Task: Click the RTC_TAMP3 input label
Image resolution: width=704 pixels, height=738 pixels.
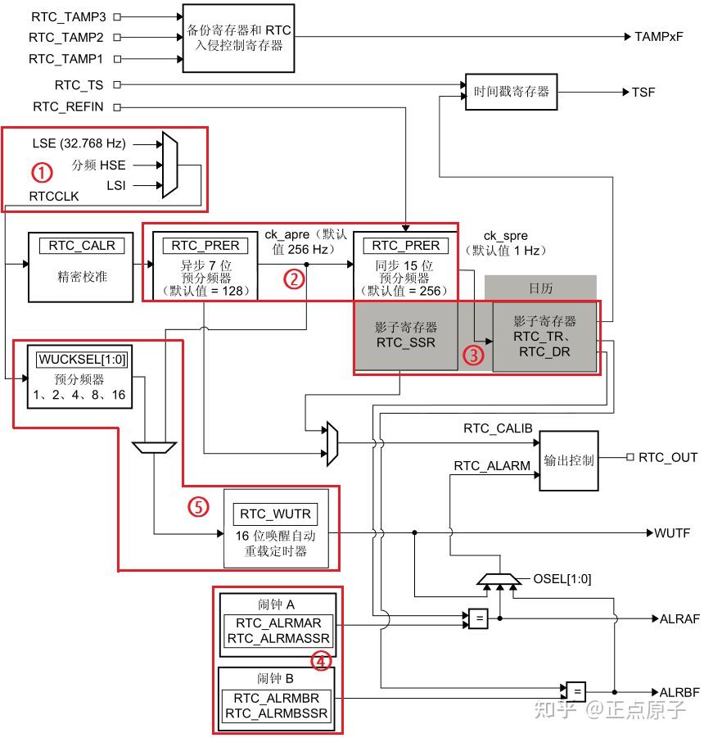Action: (x=69, y=16)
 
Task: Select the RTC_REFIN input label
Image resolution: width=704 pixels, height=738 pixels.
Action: (x=70, y=106)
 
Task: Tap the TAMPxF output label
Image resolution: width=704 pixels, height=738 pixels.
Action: (x=658, y=37)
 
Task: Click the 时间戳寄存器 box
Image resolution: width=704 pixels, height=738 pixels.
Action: (x=512, y=92)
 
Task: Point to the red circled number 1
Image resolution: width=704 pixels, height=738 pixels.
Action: (x=41, y=173)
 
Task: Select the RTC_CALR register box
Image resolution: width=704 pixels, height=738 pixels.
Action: (x=81, y=245)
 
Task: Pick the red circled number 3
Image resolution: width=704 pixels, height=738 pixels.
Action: (x=473, y=355)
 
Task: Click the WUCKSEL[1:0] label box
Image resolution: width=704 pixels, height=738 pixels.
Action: (x=82, y=359)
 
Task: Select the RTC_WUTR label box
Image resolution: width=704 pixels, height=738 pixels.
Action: (x=276, y=514)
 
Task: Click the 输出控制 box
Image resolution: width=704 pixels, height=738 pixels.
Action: (x=568, y=460)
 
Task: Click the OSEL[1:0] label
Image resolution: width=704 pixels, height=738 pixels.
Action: (x=562, y=579)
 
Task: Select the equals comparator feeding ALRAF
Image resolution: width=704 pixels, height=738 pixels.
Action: (x=478, y=618)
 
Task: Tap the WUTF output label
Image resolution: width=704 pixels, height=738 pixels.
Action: (x=672, y=533)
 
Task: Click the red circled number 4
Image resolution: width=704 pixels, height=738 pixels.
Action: (x=321, y=660)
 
